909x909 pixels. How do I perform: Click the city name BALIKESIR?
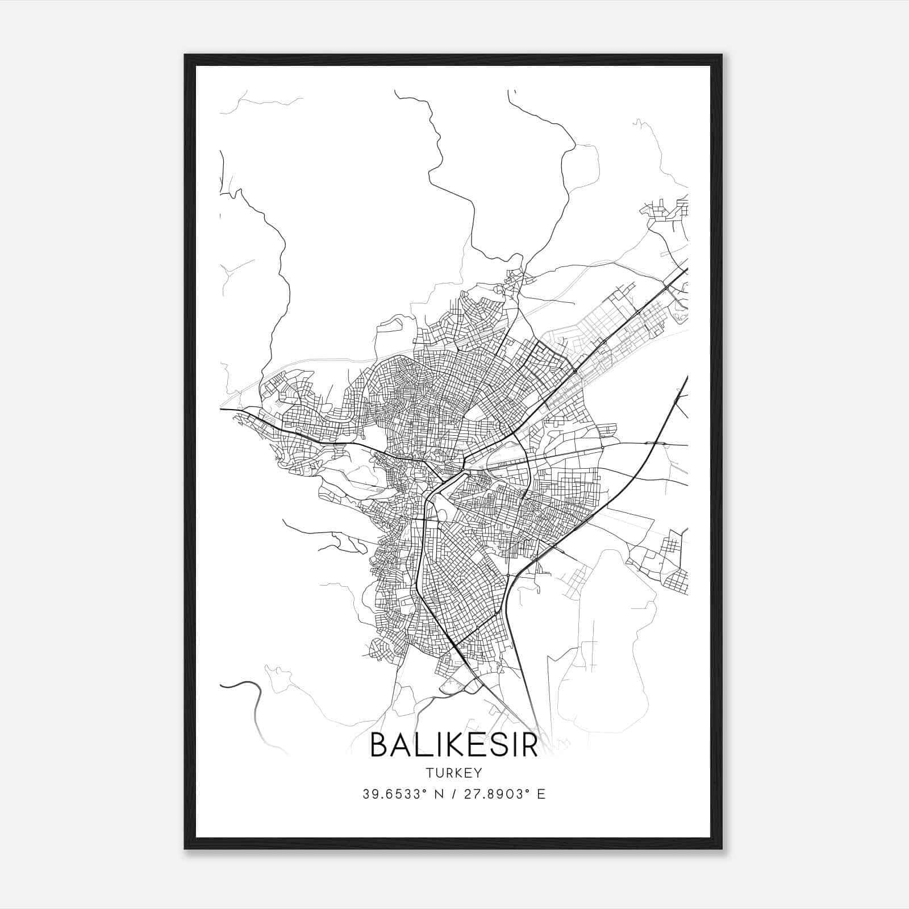pyautogui.click(x=454, y=745)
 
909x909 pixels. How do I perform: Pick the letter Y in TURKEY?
pyautogui.click(x=478, y=773)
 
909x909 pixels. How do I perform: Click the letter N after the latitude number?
pyautogui.click(x=438, y=794)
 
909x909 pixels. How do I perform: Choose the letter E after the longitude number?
pyautogui.click(x=541, y=794)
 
